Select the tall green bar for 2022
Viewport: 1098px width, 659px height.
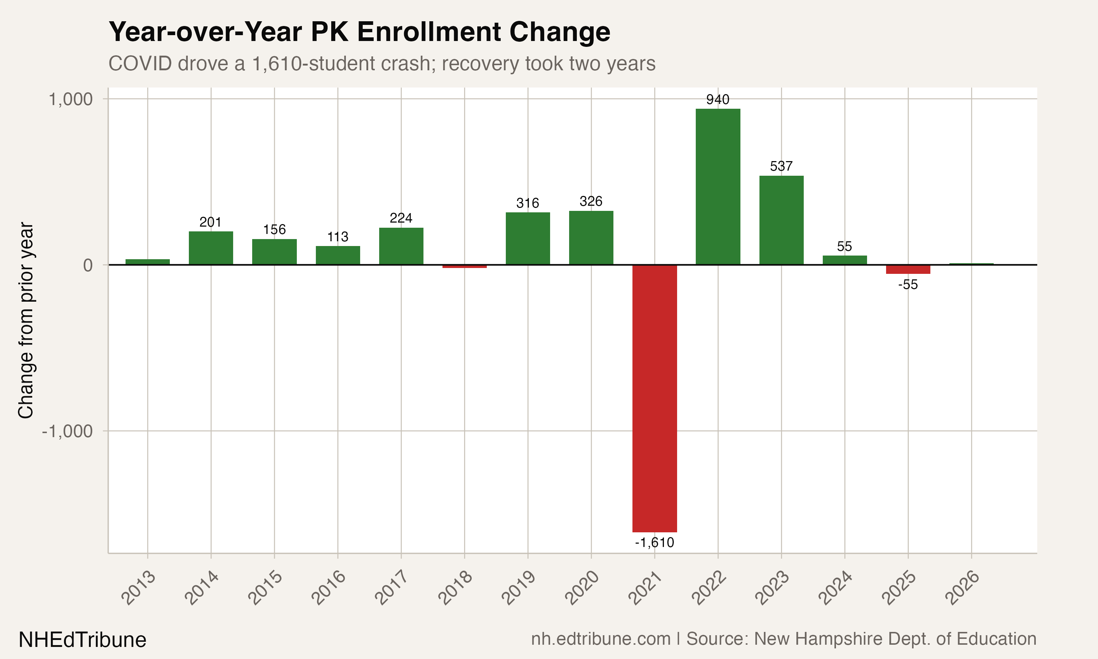pos(718,186)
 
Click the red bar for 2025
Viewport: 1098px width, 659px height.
pos(908,269)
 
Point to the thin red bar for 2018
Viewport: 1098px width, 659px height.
pos(464,267)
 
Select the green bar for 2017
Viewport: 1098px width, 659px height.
pos(401,246)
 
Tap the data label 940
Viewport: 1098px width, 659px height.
pos(718,100)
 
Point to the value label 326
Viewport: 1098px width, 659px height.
pos(591,201)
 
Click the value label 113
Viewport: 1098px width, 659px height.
pos(337,237)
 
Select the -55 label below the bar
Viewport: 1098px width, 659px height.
pos(908,284)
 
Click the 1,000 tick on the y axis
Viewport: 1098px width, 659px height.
pos(70,99)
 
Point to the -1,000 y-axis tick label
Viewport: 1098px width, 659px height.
pos(67,431)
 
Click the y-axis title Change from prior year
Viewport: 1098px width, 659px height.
pos(26,320)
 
